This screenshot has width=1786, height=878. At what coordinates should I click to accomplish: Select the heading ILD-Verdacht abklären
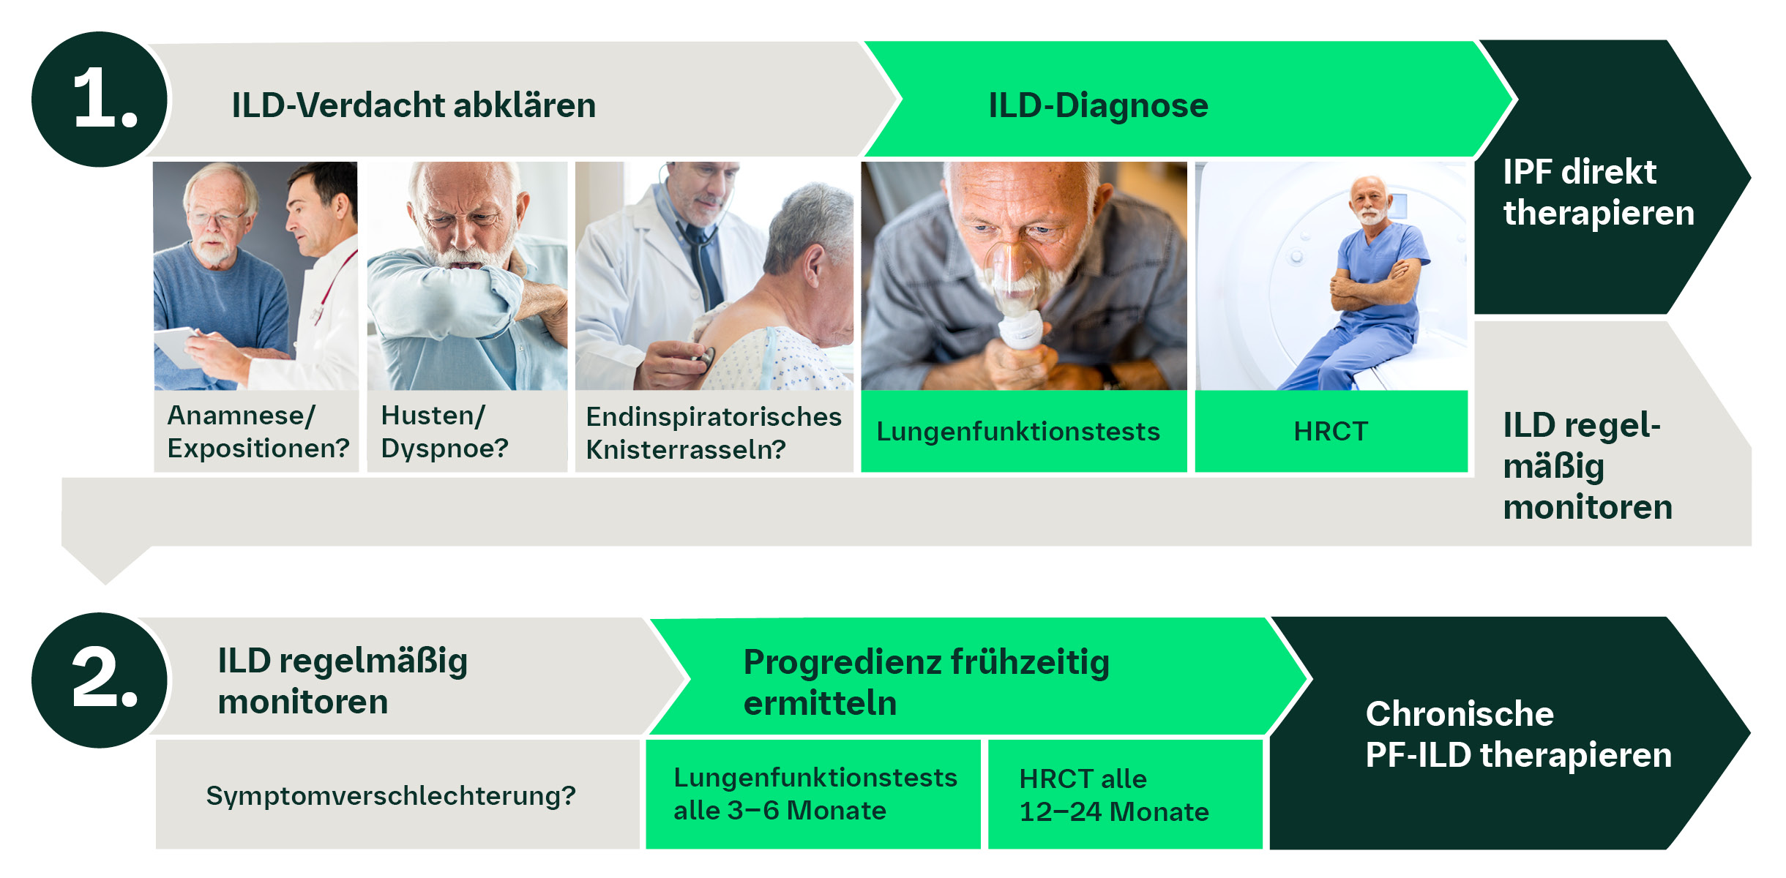pos(414,105)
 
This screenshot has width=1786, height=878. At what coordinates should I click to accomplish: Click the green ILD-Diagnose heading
pos(1098,105)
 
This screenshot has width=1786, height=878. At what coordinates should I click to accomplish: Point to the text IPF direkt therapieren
pos(1598,192)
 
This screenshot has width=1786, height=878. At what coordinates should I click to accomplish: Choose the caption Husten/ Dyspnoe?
pos(444,432)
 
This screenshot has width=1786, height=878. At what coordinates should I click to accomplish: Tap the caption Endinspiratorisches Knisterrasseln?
pos(713,432)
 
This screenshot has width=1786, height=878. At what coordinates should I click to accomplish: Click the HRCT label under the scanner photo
pos(1330,432)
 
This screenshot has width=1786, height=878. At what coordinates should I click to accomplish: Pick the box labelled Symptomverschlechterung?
pos(391,795)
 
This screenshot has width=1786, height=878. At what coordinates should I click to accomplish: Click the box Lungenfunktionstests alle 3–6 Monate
pos(814,794)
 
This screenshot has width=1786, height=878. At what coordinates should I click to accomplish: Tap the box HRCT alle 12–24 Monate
pos(1113,795)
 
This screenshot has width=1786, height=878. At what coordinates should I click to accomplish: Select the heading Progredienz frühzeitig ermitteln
pos(926,682)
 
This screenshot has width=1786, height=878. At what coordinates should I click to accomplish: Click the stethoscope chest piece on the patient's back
pos(703,359)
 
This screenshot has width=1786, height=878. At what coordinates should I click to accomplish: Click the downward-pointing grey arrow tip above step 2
pos(105,571)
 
